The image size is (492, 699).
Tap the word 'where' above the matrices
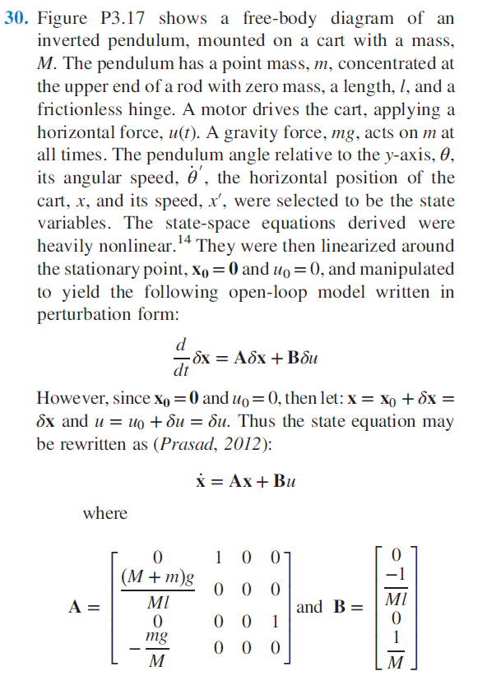coord(105,513)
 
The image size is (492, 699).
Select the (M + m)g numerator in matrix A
coord(158,576)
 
